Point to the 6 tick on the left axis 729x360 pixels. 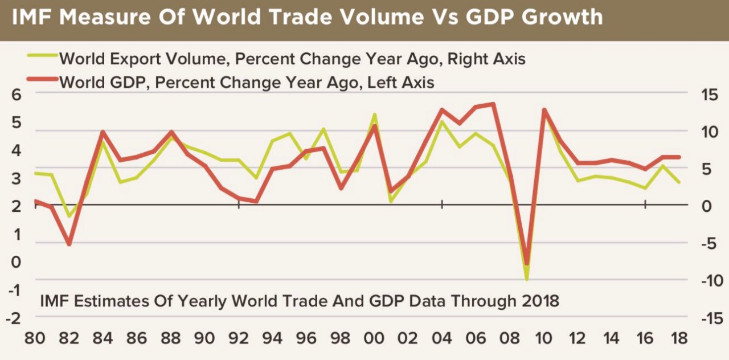tap(15, 95)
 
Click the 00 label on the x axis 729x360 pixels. tap(374, 337)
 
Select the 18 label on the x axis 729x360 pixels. tap(679, 337)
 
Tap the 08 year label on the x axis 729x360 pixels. tap(509, 337)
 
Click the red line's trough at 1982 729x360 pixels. tap(69, 244)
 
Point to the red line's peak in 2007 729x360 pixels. tap(493, 104)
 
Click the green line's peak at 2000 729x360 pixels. tap(374, 114)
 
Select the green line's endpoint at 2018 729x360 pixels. tap(679, 182)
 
